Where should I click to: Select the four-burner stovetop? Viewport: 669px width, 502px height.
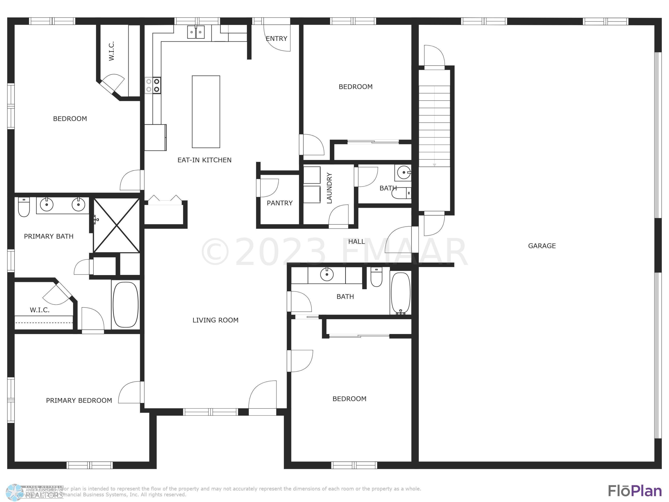[153, 85]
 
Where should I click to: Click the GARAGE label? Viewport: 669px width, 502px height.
[542, 246]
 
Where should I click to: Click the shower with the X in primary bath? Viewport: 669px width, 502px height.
[116, 225]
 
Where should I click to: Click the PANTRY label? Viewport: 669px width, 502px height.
[279, 203]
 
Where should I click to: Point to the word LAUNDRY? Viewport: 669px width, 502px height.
[329, 188]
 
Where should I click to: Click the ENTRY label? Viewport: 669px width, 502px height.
[276, 38]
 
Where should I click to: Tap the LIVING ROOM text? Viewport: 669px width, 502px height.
[215, 320]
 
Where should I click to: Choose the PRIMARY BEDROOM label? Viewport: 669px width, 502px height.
[79, 400]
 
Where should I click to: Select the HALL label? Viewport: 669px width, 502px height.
[356, 241]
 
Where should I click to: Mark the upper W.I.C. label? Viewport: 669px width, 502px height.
[111, 51]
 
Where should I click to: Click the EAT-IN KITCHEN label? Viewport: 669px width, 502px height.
[204, 160]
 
